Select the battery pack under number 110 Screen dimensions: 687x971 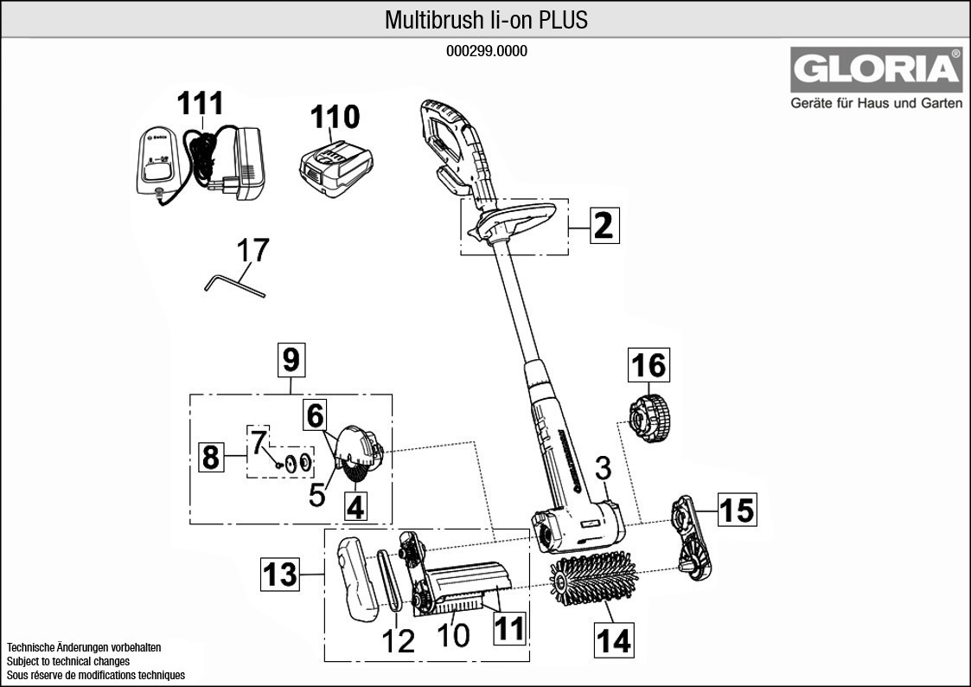point(336,168)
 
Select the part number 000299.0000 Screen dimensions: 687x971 point(486,51)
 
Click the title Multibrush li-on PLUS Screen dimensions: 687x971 point(486,20)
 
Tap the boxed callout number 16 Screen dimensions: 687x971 point(648,366)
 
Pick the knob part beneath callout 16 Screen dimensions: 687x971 point(648,416)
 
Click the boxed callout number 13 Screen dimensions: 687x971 point(281,574)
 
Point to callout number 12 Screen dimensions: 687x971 point(399,641)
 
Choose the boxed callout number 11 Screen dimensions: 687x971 point(509,627)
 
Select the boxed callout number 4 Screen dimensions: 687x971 point(355,505)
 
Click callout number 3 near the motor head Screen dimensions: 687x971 point(604,469)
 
